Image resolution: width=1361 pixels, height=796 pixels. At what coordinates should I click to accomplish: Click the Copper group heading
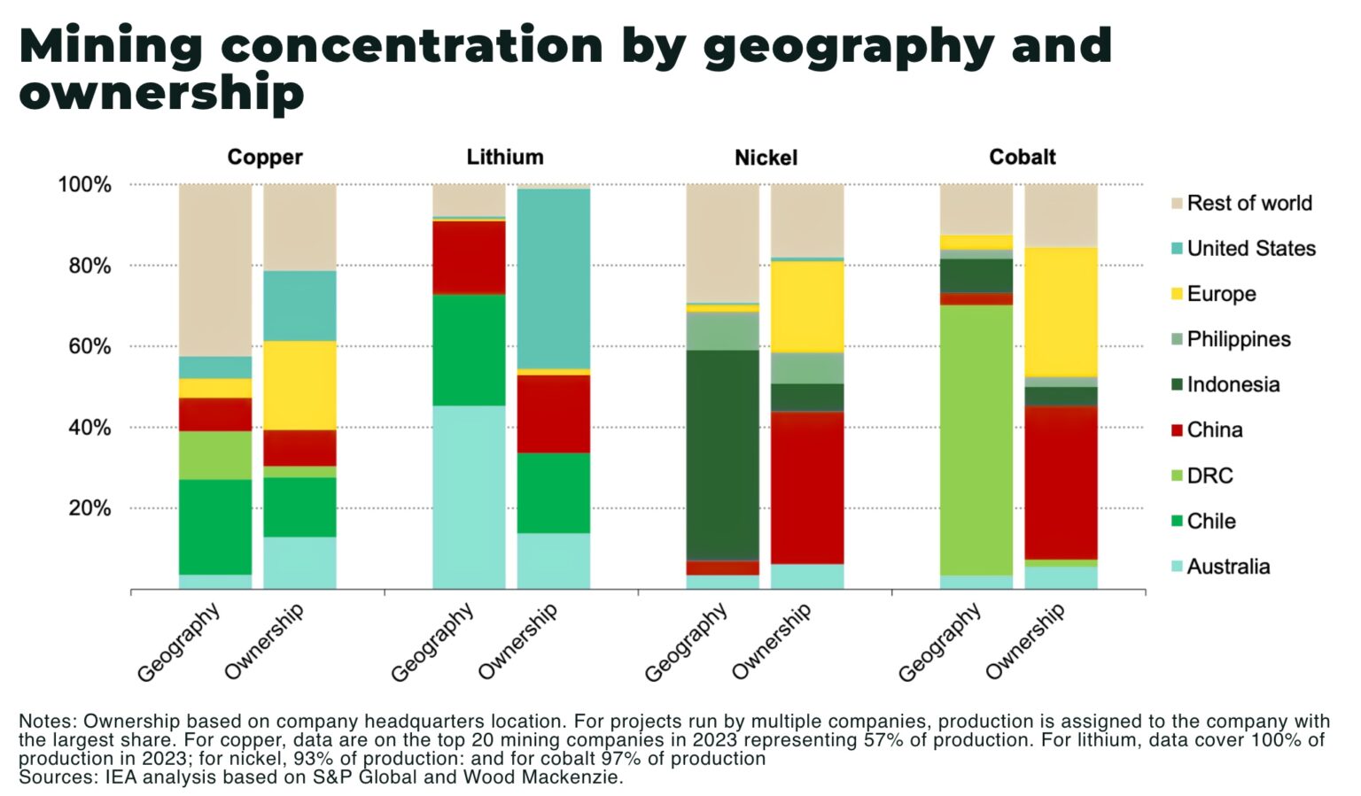264,158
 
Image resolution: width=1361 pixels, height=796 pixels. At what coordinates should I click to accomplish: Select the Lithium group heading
504,158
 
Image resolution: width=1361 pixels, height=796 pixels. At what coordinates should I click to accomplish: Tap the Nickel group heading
766,158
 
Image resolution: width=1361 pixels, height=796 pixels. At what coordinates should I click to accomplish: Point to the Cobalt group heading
1022,158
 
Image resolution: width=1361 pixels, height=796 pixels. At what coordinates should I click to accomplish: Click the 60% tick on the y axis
90,346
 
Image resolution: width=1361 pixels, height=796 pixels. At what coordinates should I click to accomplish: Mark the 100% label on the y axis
85,185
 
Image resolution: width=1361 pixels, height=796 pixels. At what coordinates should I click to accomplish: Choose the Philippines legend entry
1238,339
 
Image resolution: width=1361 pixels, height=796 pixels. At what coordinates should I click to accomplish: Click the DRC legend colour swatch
1177,475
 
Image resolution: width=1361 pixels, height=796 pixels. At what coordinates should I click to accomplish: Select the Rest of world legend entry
1248,203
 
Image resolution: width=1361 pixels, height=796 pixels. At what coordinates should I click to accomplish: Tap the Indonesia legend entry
1233,384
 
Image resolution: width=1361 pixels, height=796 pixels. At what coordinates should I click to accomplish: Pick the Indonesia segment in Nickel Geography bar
722,455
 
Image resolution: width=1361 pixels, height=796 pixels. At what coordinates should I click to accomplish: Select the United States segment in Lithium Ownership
553,278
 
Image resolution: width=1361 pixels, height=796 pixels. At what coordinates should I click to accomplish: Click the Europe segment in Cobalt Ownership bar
1061,312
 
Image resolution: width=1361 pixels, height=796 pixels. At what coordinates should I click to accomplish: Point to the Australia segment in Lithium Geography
469,497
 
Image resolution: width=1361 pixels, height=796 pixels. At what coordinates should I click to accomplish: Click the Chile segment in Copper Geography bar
215,527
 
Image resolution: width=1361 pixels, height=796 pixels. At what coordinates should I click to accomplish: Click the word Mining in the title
110,46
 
